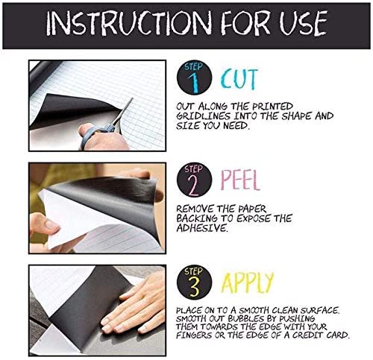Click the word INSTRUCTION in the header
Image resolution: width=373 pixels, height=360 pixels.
[129, 22]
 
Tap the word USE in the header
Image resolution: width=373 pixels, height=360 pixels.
[303, 23]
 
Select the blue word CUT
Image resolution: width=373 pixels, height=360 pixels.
[239, 79]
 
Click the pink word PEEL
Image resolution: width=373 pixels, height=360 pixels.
[240, 180]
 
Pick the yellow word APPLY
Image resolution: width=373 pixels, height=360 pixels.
[247, 282]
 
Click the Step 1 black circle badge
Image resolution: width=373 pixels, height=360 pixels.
[194, 78]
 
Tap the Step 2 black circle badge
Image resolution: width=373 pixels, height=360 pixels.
[194, 180]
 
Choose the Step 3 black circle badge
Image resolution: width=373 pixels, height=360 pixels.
[194, 282]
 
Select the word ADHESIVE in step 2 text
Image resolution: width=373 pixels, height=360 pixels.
[202, 228]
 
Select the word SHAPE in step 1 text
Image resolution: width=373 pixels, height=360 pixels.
[297, 116]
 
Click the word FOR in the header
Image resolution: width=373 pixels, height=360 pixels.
[245, 22]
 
